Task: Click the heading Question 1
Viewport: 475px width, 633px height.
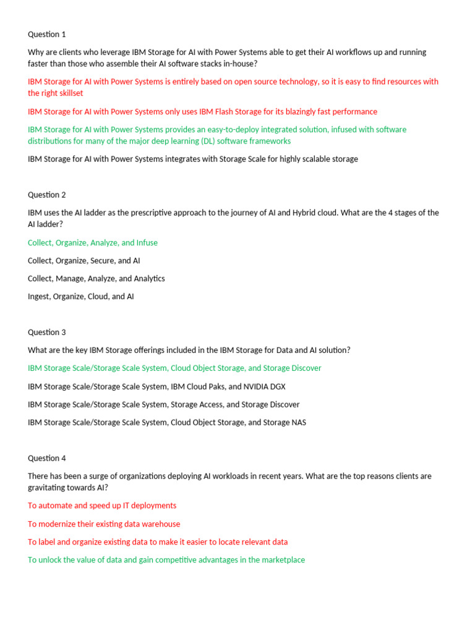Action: pyautogui.click(x=47, y=35)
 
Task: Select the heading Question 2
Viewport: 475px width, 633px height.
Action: pyautogui.click(x=47, y=195)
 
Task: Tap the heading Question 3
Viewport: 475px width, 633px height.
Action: pyautogui.click(x=47, y=332)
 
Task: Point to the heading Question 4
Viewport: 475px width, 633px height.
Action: pyautogui.click(x=47, y=458)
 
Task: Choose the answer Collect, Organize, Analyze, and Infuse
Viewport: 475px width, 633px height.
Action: pyautogui.click(x=93, y=243)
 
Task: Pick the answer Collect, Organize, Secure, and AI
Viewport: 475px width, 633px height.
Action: pyautogui.click(x=84, y=261)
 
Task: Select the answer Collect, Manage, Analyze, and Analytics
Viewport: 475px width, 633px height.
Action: pyautogui.click(x=96, y=279)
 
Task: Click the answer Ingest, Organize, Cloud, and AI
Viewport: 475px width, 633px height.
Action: pyautogui.click(x=81, y=297)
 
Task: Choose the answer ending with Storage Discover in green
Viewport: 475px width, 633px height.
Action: pyautogui.click(x=174, y=368)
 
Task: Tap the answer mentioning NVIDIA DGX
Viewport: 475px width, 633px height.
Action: pyautogui.click(x=156, y=386)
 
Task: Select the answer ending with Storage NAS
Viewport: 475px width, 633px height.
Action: pyautogui.click(x=167, y=423)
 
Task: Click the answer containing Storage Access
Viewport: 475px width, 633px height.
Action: pyautogui.click(x=164, y=405)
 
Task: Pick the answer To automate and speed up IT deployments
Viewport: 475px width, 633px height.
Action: pyautogui.click(x=102, y=506)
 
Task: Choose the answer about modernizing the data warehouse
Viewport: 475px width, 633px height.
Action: pyautogui.click(x=104, y=524)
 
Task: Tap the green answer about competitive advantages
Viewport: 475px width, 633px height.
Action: pyautogui.click(x=166, y=560)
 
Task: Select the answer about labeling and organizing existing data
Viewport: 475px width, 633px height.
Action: pyautogui.click(x=158, y=542)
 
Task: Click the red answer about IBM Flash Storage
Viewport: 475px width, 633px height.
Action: pyautogui.click(x=202, y=112)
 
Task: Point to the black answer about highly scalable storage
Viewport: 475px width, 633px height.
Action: pyautogui.click(x=193, y=159)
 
